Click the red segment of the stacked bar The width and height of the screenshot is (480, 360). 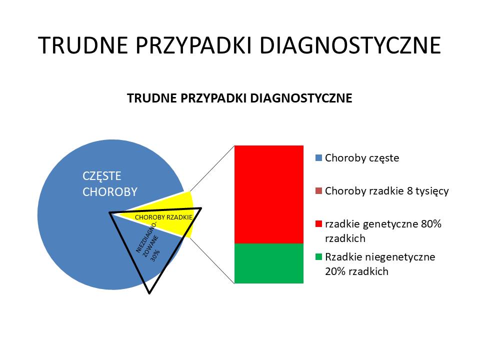click(269, 194)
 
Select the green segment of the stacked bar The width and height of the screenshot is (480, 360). click(269, 263)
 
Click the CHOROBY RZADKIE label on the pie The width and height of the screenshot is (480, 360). click(163, 217)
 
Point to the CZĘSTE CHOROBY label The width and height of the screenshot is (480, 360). click(110, 184)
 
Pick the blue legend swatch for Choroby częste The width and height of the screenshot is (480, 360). click(318, 158)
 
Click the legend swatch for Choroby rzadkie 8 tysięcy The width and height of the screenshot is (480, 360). click(318, 191)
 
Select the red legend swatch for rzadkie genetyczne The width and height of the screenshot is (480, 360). click(318, 224)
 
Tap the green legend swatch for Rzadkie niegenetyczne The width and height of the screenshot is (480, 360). click(318, 257)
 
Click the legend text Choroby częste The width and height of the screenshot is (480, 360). click(362, 158)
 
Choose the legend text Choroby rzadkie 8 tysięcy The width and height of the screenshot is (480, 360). click(386, 191)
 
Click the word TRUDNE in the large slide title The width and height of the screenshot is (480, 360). click(82, 45)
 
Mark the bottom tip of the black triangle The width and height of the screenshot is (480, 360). click(149, 293)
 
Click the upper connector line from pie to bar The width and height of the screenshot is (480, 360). click(212, 168)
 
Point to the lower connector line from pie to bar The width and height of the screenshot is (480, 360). click(212, 260)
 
